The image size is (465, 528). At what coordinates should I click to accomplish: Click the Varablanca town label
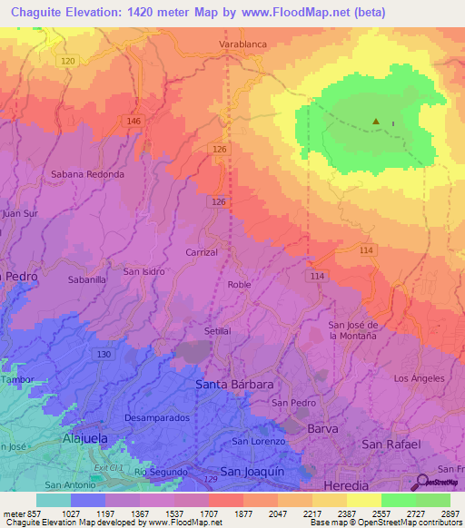(x=242, y=43)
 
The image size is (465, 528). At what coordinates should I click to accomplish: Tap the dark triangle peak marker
(x=376, y=121)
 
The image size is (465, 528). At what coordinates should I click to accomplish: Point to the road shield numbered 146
(x=134, y=121)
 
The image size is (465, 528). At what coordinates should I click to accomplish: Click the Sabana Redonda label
(x=87, y=173)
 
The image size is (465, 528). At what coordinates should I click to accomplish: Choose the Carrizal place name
(x=202, y=252)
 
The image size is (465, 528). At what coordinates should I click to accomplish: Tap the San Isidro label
(x=144, y=271)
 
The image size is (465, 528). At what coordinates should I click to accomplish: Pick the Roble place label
(x=240, y=285)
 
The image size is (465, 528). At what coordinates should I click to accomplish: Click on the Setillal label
(x=218, y=331)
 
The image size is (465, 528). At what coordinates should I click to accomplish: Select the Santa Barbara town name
(x=234, y=385)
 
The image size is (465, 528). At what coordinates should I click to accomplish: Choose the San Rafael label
(x=391, y=444)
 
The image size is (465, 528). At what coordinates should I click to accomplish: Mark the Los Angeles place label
(x=419, y=377)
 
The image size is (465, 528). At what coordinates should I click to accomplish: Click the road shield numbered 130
(x=104, y=354)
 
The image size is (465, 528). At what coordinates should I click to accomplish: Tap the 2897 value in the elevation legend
(x=450, y=513)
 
